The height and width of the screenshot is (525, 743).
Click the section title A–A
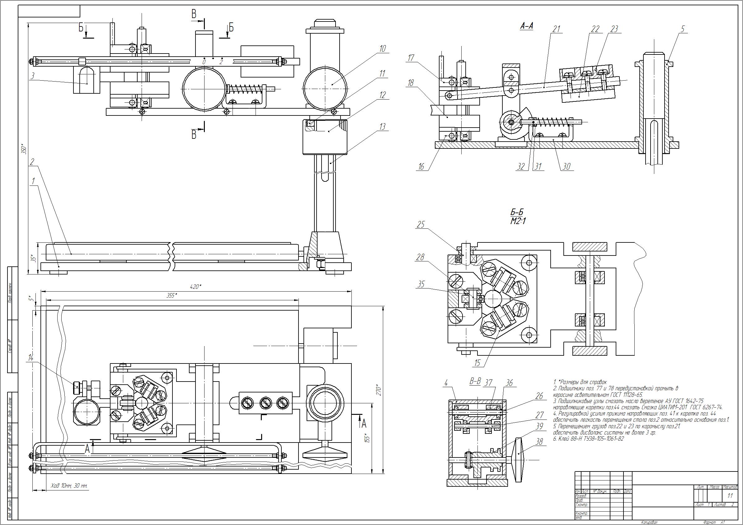pos(526,26)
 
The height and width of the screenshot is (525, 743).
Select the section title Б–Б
pos(517,213)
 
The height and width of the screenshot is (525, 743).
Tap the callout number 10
pos(383,49)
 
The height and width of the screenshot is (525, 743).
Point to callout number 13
pos(383,126)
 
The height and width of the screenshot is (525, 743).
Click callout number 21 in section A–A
pos(556,29)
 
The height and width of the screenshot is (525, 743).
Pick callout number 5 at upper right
pos(683,29)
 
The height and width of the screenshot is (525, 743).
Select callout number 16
pos(421,166)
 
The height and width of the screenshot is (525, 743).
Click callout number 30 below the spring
pos(566,166)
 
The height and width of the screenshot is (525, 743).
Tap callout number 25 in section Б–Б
pos(421,224)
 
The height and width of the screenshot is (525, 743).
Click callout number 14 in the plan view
pos(31,358)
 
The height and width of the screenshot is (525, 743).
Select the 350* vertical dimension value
pos(24,148)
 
